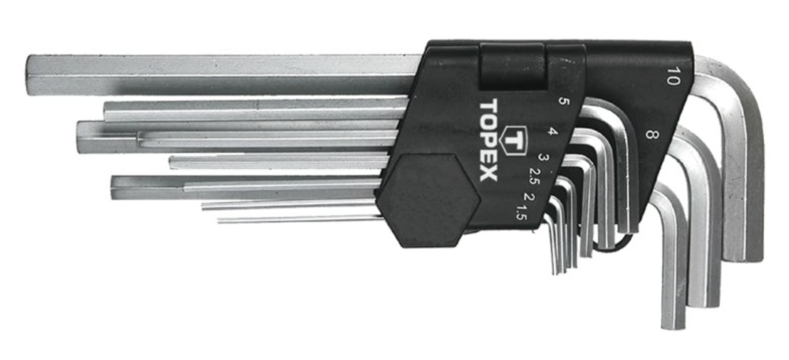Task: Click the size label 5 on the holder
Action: [563, 101]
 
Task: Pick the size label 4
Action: [553, 132]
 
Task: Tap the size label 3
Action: [543, 157]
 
